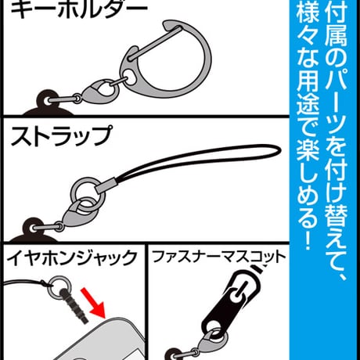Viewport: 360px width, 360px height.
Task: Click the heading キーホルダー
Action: click(79, 10)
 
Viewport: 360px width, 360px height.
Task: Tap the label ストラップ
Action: click(62, 136)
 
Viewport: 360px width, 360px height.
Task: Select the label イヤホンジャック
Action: click(72, 258)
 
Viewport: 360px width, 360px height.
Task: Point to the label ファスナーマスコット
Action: click(218, 257)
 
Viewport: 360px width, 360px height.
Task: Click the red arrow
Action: click(92, 302)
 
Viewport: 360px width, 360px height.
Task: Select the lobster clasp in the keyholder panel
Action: click(101, 92)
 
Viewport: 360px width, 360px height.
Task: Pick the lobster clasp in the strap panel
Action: click(79, 212)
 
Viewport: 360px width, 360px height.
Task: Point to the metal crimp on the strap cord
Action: click(105, 185)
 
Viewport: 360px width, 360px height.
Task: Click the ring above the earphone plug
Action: click(59, 286)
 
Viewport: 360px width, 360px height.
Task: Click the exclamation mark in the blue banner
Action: click(308, 242)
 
